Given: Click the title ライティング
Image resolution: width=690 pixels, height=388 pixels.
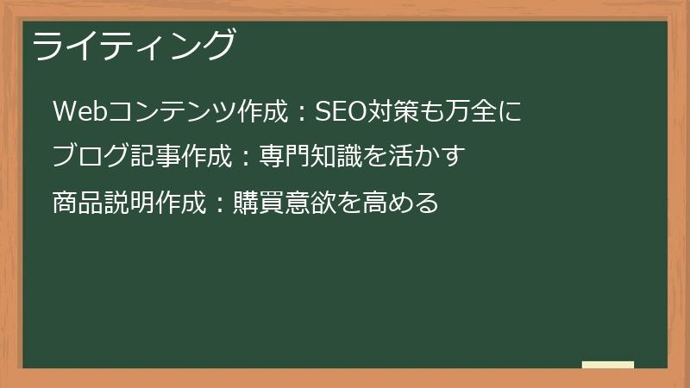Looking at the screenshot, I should pos(134,46).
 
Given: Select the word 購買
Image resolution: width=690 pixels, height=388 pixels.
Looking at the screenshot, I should pos(259,203).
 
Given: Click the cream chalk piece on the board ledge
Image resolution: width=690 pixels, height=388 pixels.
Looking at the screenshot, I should pos(608,365).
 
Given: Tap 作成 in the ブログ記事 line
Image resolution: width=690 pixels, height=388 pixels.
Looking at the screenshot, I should pos(206,157).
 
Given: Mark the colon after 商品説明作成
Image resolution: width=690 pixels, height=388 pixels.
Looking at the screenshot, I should pos(220,204).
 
